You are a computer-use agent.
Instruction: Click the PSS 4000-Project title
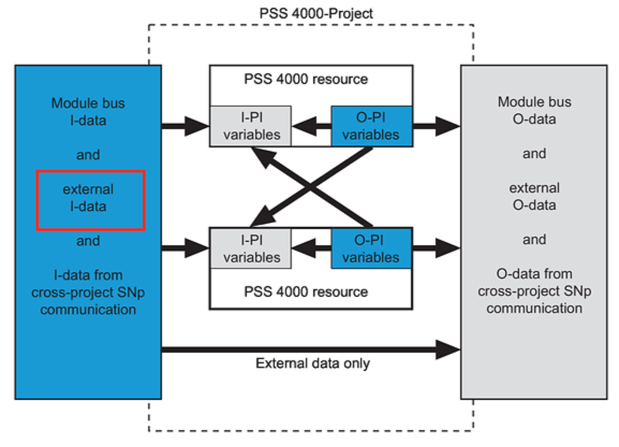point(316,13)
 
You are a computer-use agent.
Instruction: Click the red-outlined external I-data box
point(91,200)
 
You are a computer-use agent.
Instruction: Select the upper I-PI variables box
point(250,126)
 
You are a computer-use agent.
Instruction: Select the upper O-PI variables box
point(372,126)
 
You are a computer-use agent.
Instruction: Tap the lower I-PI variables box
point(250,248)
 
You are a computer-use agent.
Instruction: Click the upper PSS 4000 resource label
point(306,79)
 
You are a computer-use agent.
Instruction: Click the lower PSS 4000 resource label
point(306,292)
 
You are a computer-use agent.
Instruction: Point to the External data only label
point(313,363)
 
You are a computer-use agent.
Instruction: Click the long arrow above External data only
point(311,349)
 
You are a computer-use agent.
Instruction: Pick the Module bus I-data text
point(88,112)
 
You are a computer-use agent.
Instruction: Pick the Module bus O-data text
point(535,110)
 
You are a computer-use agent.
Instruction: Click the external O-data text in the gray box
point(535,196)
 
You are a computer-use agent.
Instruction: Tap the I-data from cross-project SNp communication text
point(88,292)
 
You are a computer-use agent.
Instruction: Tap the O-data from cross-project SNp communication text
point(535,291)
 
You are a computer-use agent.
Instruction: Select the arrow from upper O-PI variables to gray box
point(437,126)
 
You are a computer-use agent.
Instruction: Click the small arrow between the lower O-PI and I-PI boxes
point(311,248)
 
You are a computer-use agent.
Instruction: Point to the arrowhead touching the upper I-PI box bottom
point(262,156)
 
